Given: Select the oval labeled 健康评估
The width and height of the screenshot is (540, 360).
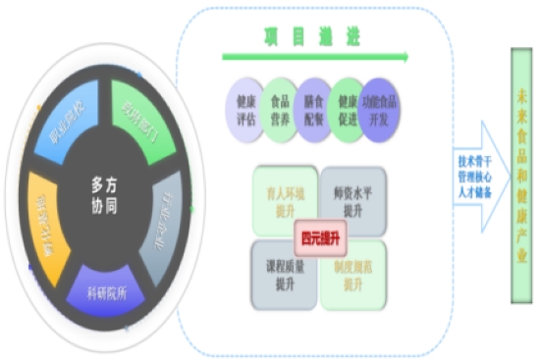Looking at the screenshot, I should coord(243,107).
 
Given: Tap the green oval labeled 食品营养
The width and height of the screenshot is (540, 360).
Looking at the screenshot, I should coord(279,107).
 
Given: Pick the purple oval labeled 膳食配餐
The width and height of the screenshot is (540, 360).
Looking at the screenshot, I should coord(314,107).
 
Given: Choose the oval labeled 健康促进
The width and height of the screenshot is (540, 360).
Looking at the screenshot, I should coord(349,107).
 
